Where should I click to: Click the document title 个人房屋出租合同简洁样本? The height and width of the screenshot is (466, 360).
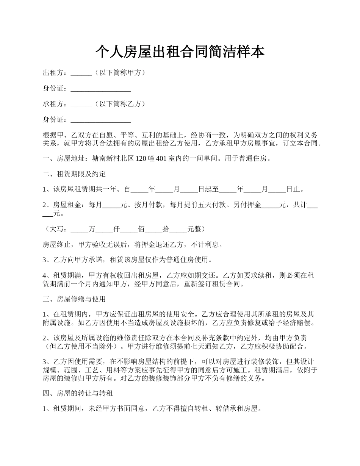180,52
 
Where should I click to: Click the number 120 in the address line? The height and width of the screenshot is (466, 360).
141,159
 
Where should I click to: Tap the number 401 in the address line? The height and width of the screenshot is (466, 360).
161,159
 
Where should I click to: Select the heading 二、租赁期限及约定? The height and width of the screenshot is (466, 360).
74,174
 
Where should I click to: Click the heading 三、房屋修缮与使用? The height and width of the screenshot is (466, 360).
74,299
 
